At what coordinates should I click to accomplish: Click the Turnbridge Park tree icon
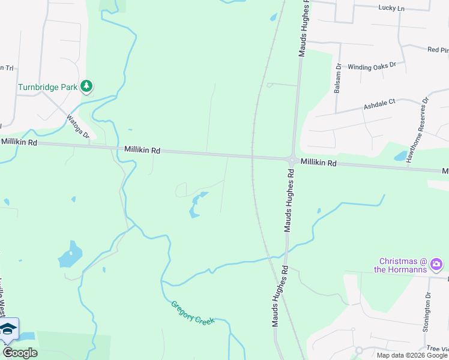[87, 86]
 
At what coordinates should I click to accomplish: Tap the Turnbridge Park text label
[48, 86]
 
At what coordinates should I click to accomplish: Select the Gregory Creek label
[193, 312]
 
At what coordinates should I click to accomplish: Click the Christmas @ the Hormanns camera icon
[436, 263]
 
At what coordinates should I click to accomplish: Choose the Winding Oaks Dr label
[372, 65]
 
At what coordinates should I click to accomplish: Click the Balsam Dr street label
[339, 73]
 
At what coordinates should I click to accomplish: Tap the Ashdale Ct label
[379, 104]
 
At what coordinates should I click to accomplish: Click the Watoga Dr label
[77, 127]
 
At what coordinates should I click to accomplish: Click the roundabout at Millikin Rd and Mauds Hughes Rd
[292, 161]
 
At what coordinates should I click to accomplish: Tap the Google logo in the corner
[20, 353]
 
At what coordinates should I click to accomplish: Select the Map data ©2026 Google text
[412, 355]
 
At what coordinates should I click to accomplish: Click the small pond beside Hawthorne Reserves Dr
[400, 156]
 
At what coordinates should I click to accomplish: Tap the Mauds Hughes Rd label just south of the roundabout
[289, 200]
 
